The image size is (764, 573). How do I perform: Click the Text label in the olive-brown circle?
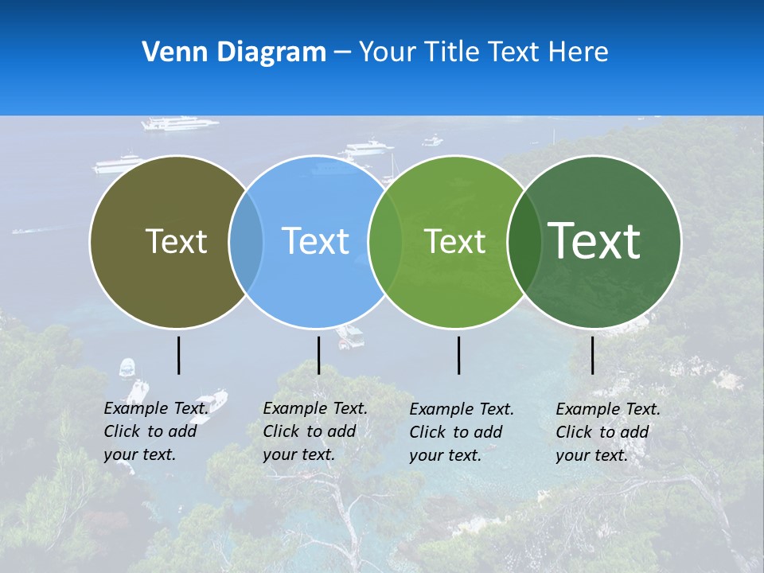176,241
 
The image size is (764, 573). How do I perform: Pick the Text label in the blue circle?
316,241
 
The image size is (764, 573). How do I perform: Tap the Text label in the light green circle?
454,241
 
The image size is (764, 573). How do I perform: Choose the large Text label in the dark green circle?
594,240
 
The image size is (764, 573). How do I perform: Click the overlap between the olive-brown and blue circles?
246,242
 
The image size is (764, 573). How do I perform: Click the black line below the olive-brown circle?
179,355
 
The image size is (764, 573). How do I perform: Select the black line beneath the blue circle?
318,355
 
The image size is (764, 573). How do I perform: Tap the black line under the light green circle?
459,355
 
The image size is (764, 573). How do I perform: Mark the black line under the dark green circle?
593,355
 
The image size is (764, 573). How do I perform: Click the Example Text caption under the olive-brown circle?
155,431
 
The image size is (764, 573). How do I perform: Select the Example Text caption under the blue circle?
314,431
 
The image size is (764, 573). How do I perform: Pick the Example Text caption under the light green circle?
461,432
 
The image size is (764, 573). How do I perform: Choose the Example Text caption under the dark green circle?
607,432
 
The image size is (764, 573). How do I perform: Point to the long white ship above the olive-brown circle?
179,123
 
